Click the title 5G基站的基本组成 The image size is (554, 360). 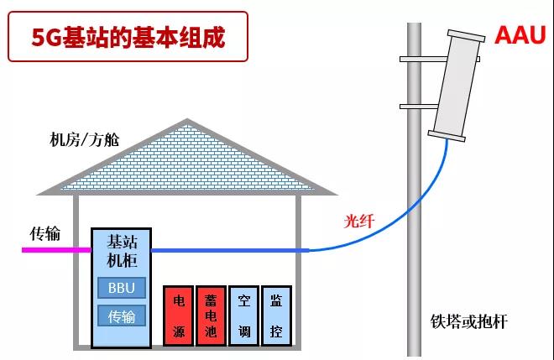(x=128, y=37)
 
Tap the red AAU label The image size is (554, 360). (x=520, y=35)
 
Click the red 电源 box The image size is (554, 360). (x=179, y=315)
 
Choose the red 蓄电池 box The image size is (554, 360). (x=211, y=315)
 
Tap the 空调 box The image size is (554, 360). (x=243, y=315)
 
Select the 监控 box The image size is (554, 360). (x=275, y=315)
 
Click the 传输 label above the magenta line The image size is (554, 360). (x=46, y=232)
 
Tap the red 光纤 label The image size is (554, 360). (x=359, y=222)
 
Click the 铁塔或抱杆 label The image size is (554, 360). (x=469, y=322)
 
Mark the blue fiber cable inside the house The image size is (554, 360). (x=227, y=250)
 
